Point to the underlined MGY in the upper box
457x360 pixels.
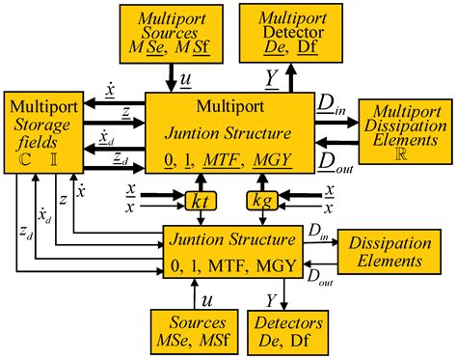273,158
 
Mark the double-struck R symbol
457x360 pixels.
402,153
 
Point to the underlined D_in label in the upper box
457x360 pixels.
331,102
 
